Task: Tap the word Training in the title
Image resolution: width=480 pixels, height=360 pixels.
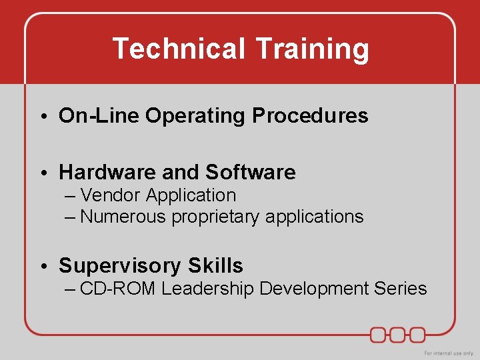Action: click(312, 49)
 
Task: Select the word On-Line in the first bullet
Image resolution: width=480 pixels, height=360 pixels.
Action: click(99, 116)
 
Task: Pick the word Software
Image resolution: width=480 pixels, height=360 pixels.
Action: click(250, 173)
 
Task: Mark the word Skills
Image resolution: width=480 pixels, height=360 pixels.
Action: click(215, 266)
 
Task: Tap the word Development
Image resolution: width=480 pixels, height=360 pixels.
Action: click(313, 289)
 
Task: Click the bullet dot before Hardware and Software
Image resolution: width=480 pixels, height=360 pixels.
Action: click(42, 173)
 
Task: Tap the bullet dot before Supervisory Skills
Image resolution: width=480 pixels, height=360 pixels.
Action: click(42, 267)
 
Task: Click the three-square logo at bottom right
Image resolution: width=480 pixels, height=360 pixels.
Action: click(398, 334)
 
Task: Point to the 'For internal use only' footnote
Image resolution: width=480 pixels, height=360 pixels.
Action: click(449, 353)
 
